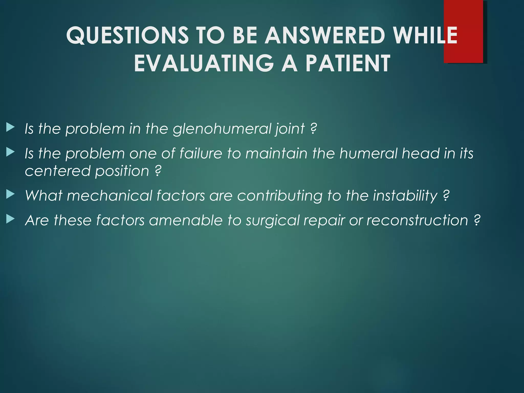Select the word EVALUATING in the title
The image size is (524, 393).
(204, 63)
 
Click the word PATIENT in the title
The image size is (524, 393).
(348, 63)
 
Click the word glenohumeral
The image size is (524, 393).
(222, 128)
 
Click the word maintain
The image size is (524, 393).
(276, 154)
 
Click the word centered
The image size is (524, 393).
(58, 171)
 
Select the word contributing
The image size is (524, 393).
(280, 196)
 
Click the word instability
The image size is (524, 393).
(405, 196)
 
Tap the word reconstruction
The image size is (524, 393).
(417, 220)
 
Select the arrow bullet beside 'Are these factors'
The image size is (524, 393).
(10, 219)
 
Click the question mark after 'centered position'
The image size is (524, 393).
(158, 171)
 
